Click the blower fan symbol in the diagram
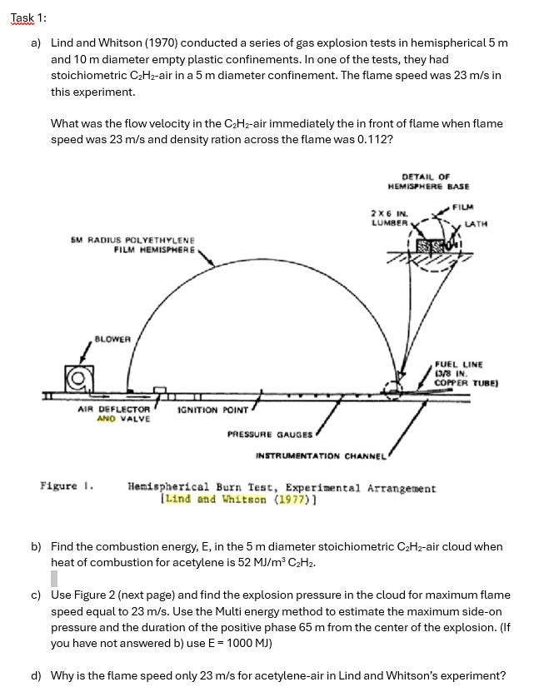point(80,381)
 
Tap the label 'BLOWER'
point(112,339)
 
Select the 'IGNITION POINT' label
point(213,411)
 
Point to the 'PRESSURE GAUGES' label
point(270,434)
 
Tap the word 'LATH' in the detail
point(476,223)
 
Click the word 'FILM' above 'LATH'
point(465,207)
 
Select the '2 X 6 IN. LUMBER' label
point(389,217)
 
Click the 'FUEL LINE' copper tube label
point(465,374)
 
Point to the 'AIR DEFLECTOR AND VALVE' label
point(113,414)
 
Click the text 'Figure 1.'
point(66,485)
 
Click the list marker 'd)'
point(36,675)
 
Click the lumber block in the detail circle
point(431,246)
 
